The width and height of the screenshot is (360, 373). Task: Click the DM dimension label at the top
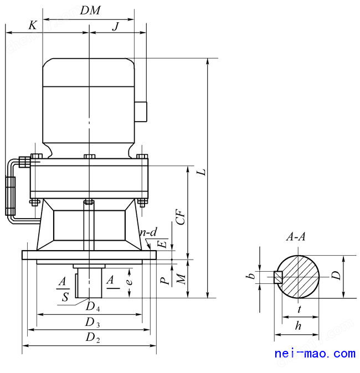pos(90,10)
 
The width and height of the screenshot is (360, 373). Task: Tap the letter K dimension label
pos(33,25)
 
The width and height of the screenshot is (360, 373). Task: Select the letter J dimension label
pos(115,26)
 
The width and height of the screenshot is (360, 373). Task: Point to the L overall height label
pos(202,172)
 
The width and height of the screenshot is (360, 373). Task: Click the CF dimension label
pos(181,217)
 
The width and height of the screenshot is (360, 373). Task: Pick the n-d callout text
pos(148,232)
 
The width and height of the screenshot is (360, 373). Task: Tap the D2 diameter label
pos(93,338)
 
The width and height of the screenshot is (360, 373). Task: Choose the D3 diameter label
pos(92,323)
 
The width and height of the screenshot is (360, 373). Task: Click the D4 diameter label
pos(92,307)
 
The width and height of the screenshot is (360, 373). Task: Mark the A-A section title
pos(296,237)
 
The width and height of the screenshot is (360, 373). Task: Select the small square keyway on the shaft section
pos(278,277)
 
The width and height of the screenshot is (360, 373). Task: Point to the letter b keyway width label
pos(251,276)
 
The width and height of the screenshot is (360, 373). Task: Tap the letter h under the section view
pos(298,325)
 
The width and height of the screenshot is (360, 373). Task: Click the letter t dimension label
pos(299,309)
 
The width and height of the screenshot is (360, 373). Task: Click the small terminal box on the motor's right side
pos(141,112)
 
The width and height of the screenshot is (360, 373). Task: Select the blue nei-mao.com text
pos(315,354)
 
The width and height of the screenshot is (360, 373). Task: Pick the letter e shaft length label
pos(129,282)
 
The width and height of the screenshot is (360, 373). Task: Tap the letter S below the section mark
pos(65,297)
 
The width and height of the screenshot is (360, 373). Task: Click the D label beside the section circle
pos(336,276)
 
